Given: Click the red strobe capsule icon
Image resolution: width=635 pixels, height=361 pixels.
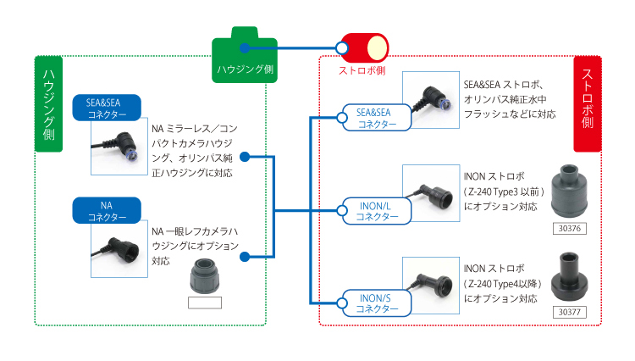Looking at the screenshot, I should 362,48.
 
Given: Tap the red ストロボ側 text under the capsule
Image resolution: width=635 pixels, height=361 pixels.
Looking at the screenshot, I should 362,71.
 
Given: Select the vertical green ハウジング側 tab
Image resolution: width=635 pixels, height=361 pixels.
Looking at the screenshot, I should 49,104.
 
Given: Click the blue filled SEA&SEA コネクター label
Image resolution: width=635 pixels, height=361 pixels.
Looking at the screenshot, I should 107,107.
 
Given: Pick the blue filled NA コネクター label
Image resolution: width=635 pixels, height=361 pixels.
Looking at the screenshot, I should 107,209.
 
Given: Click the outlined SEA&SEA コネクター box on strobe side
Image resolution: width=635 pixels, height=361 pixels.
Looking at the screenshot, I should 376,118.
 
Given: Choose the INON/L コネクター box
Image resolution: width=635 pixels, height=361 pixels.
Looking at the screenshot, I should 376,210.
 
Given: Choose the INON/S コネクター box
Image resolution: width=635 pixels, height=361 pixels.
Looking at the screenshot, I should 376,302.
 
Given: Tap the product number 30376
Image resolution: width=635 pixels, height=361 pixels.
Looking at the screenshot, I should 567,228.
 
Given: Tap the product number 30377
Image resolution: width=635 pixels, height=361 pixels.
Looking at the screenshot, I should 567,311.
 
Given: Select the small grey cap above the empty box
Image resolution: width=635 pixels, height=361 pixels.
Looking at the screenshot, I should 204,275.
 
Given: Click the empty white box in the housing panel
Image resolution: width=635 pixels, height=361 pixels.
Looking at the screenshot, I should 204,303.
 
